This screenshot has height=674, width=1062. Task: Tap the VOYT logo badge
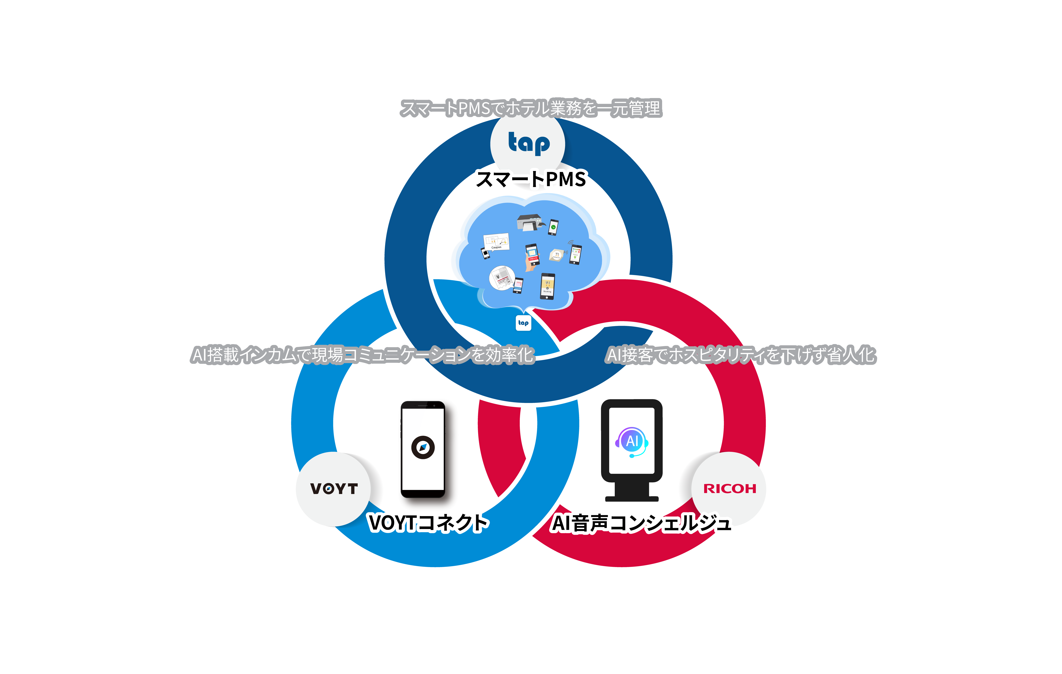[x=334, y=488]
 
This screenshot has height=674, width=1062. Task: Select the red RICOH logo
[x=729, y=488]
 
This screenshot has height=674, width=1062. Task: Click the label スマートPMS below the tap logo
[x=531, y=179]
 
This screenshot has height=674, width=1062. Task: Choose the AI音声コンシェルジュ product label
[x=642, y=523]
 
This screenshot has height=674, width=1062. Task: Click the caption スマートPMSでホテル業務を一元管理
[x=531, y=108]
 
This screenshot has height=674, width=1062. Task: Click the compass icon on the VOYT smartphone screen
[x=423, y=447]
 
